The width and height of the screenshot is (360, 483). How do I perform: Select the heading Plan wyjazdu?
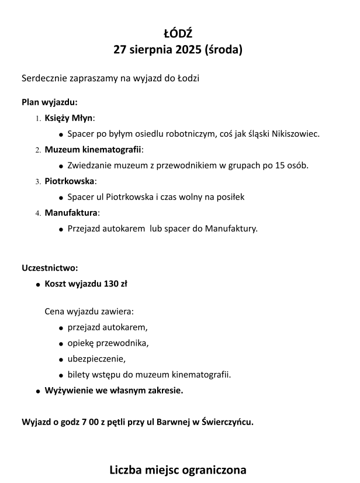50,101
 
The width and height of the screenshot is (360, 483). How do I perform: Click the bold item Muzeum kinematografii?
93,149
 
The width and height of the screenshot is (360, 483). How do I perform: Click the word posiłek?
229,197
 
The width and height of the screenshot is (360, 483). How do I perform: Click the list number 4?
37,213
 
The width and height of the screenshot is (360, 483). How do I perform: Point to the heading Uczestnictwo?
50,268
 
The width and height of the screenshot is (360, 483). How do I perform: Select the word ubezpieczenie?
96,358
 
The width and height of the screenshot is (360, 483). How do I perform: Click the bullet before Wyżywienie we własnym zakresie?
38,390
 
